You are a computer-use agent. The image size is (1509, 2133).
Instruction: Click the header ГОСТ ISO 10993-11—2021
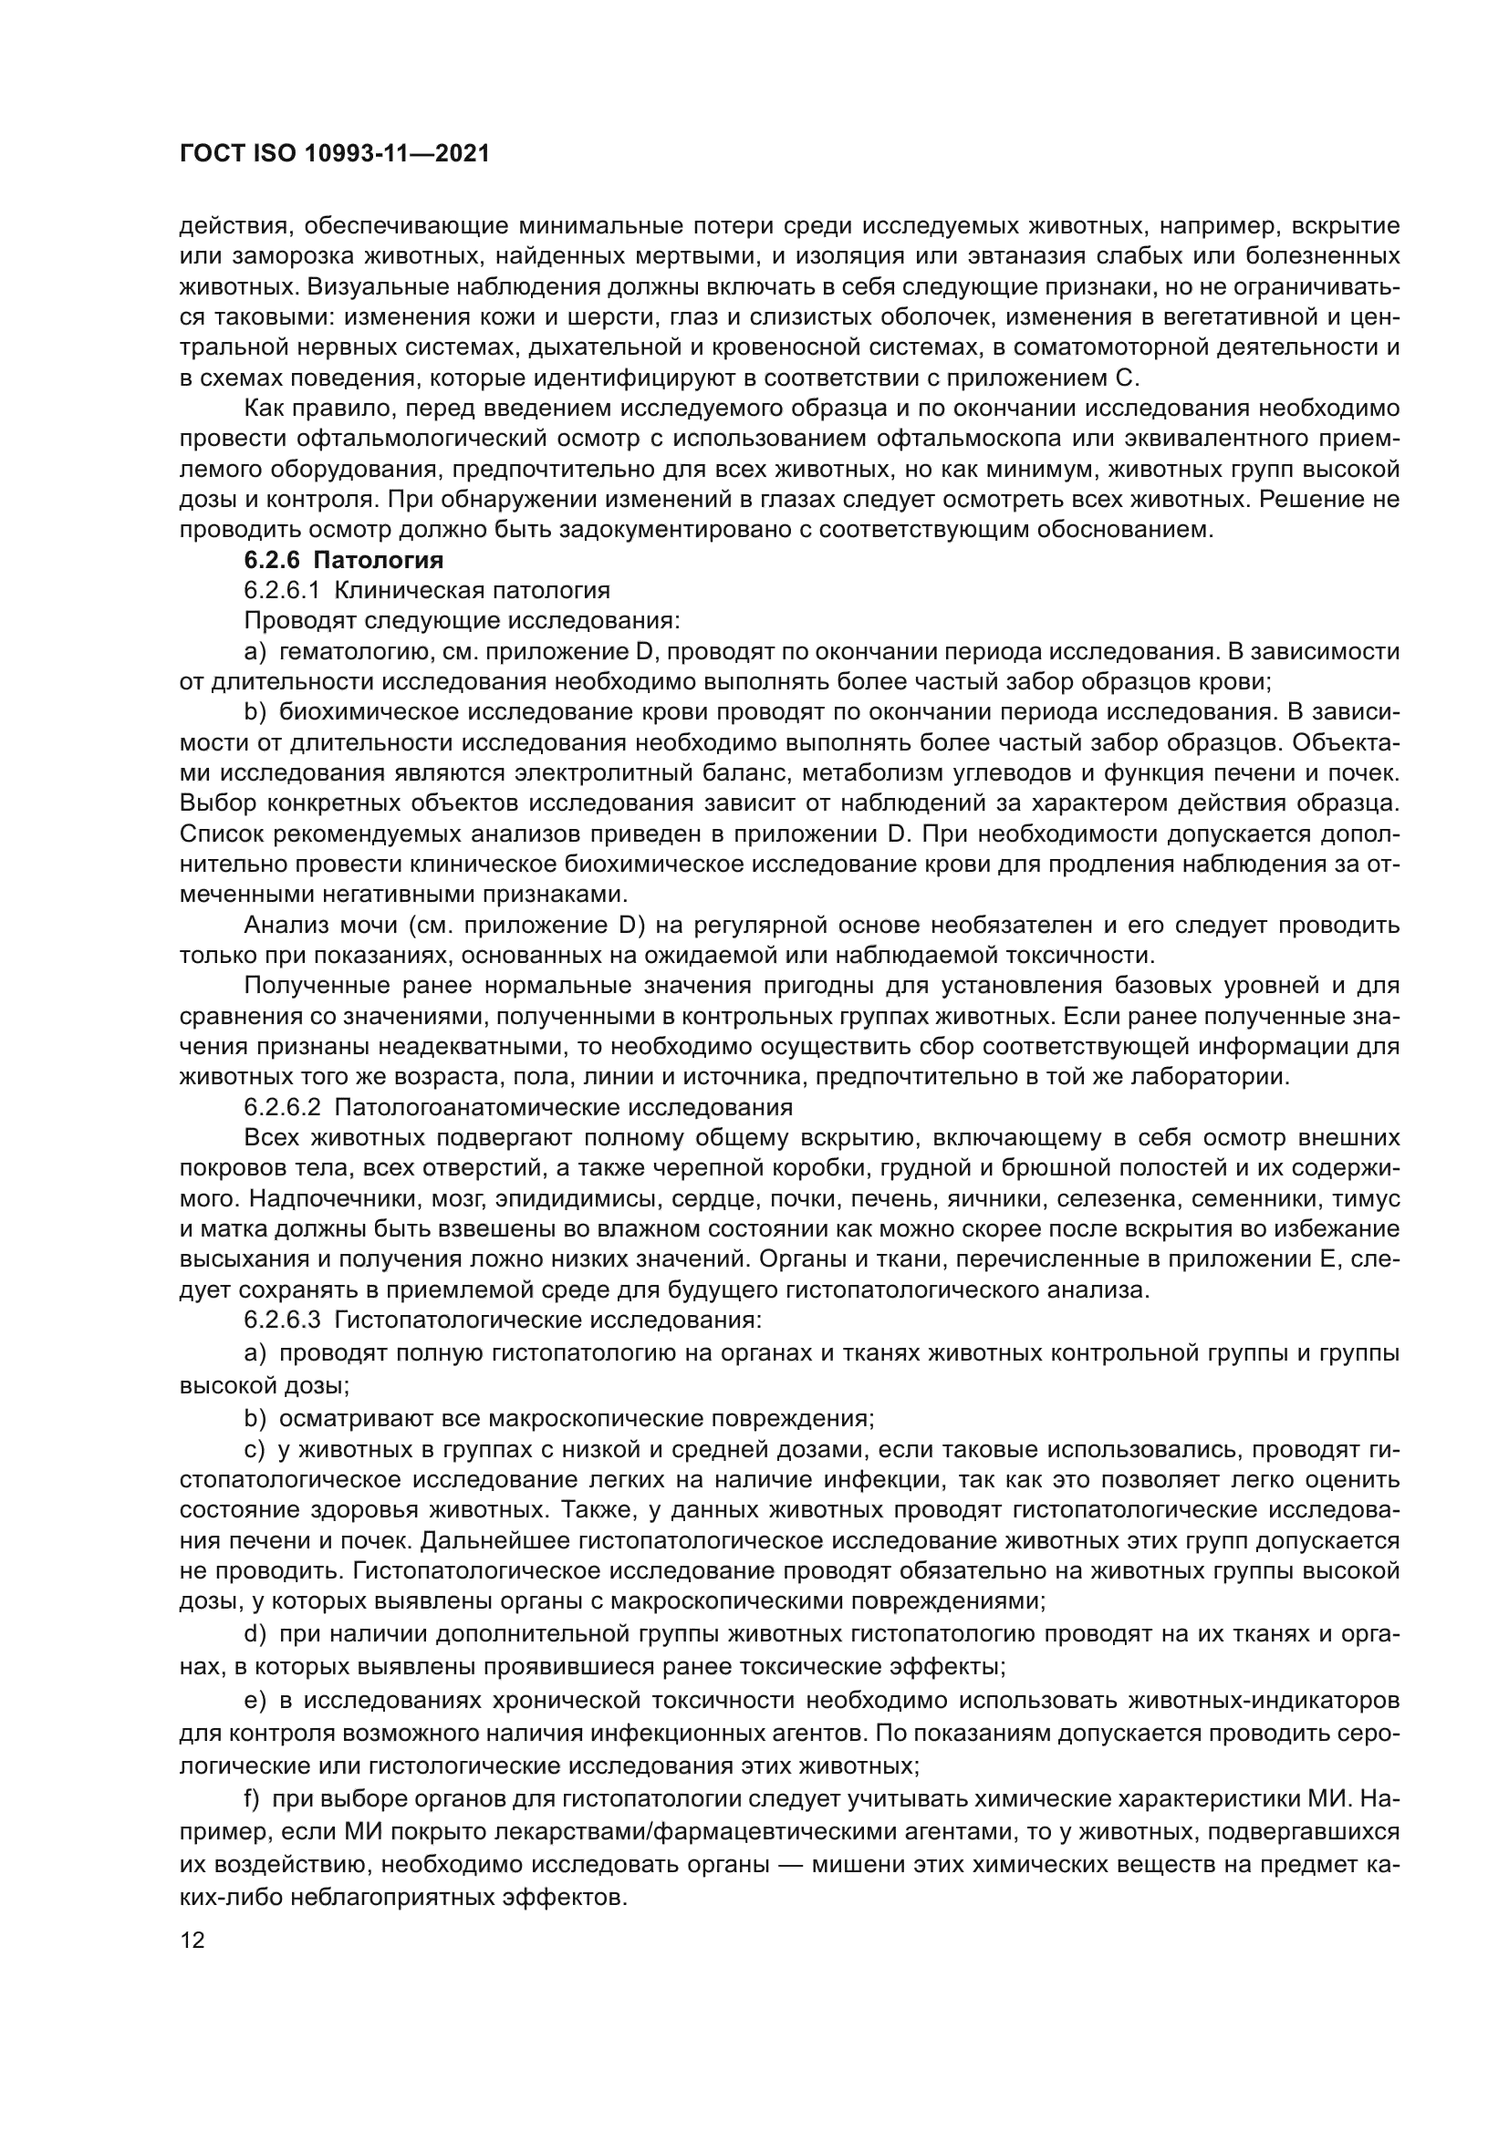(334, 154)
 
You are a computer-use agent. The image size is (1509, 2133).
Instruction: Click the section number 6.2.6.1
(282, 591)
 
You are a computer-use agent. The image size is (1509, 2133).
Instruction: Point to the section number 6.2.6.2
(283, 1107)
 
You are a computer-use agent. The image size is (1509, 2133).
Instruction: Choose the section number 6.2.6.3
(283, 1320)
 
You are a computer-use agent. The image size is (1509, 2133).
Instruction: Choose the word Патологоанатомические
(479, 1107)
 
